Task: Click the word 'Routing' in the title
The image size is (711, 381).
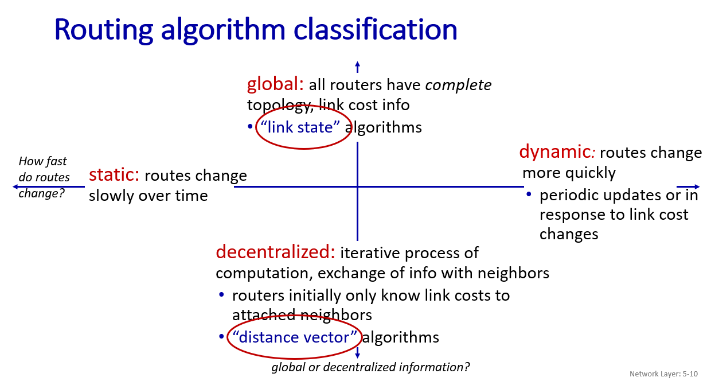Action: click(103, 30)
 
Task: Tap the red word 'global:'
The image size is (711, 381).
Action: click(275, 84)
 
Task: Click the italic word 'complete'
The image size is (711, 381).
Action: click(458, 85)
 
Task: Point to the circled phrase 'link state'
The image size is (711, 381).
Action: click(300, 127)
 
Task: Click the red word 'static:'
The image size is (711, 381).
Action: click(114, 175)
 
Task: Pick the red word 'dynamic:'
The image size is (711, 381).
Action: click(557, 152)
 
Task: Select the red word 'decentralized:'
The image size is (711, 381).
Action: click(275, 252)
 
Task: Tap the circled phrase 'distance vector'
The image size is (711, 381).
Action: click(295, 337)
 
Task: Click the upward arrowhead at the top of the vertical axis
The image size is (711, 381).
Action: click(357, 63)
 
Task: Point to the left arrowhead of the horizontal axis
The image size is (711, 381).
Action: click(15, 187)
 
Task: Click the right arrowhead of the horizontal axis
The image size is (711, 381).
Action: click(697, 187)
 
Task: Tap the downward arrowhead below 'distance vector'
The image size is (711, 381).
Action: click(357, 356)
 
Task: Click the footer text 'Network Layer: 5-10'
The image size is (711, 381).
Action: click(664, 374)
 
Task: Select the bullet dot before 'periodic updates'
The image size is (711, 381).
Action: click(529, 194)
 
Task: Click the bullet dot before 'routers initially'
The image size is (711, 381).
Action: click(221, 294)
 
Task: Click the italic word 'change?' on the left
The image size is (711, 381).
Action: click(42, 193)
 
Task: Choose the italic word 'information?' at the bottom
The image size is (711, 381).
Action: click(435, 367)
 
